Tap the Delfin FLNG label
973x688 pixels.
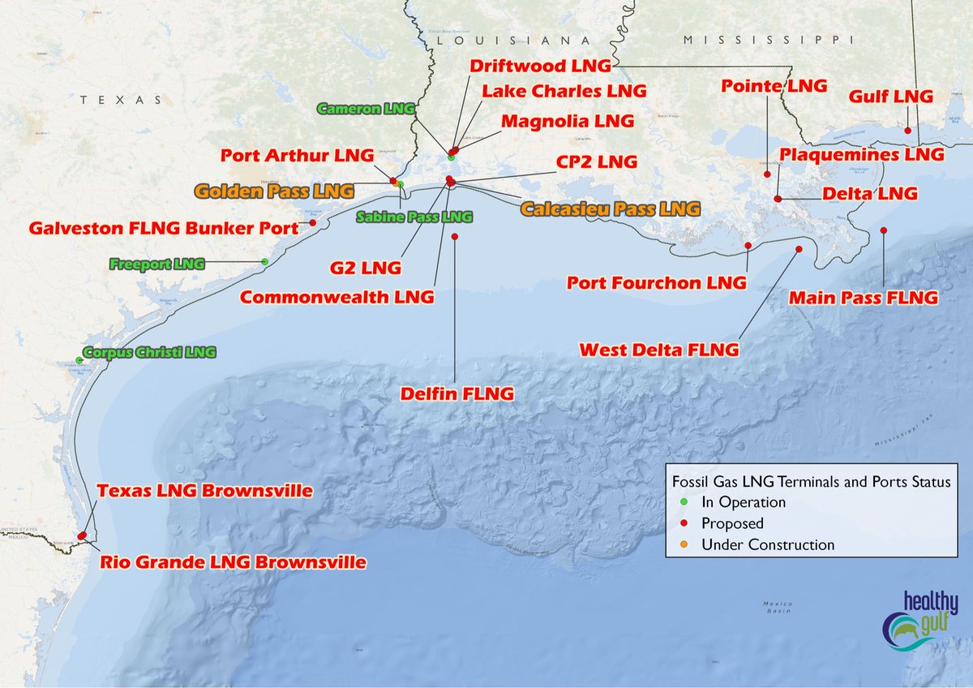[457, 394]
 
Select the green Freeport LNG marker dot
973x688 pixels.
[265, 261]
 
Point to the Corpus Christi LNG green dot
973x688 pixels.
[79, 360]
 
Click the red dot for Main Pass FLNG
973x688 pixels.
[884, 230]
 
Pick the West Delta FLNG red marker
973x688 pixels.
[799, 249]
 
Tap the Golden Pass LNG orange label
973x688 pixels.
[275, 191]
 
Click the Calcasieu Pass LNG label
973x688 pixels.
[610, 209]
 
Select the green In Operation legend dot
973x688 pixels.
[685, 502]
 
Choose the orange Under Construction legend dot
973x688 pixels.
[685, 544]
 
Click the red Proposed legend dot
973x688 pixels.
[685, 523]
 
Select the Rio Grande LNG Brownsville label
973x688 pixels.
[233, 562]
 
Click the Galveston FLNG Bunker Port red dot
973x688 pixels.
[312, 222]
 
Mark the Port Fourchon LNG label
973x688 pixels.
[656, 283]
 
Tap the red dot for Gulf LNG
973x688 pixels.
[909, 131]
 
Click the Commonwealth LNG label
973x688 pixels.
[336, 298]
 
